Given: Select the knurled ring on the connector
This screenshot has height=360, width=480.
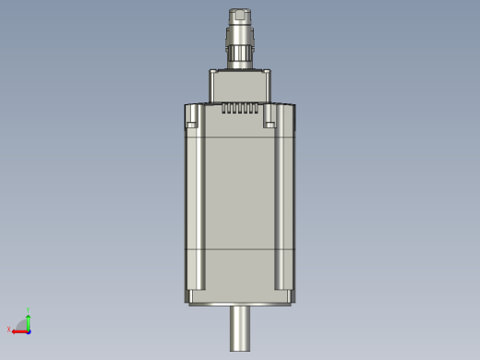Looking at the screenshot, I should tap(239, 42).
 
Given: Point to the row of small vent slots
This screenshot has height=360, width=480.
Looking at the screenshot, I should tap(239, 110).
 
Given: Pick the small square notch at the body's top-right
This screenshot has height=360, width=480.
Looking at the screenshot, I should tap(270, 122).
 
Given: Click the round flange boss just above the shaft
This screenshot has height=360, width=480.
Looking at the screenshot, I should tap(240, 306).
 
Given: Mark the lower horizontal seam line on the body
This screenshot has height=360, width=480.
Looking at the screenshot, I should tap(239, 251).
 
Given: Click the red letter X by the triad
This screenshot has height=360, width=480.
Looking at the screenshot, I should tap(9, 330).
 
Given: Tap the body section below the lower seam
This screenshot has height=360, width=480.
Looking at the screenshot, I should tap(239, 272).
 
